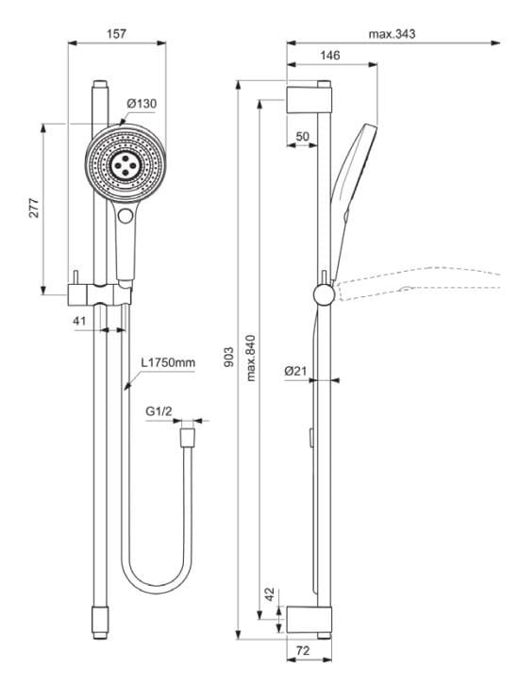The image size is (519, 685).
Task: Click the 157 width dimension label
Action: pos(115,33)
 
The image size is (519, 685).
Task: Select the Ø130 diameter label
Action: pos(141,104)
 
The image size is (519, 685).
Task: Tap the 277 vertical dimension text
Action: pos(34,209)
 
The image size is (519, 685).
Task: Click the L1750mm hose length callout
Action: pos(168,362)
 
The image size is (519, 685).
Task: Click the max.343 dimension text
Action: pos(392,33)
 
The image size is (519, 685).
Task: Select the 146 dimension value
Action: pos(329,57)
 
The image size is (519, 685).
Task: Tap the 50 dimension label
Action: pos(302,137)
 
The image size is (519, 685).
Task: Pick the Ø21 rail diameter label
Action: pos(295,372)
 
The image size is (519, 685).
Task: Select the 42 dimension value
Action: pos(271,595)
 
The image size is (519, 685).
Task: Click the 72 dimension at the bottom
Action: pos(304,652)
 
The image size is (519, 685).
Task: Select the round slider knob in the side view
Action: pos(324,296)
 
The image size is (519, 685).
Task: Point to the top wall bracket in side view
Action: pos(310,96)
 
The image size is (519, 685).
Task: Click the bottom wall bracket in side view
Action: pos(310,619)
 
